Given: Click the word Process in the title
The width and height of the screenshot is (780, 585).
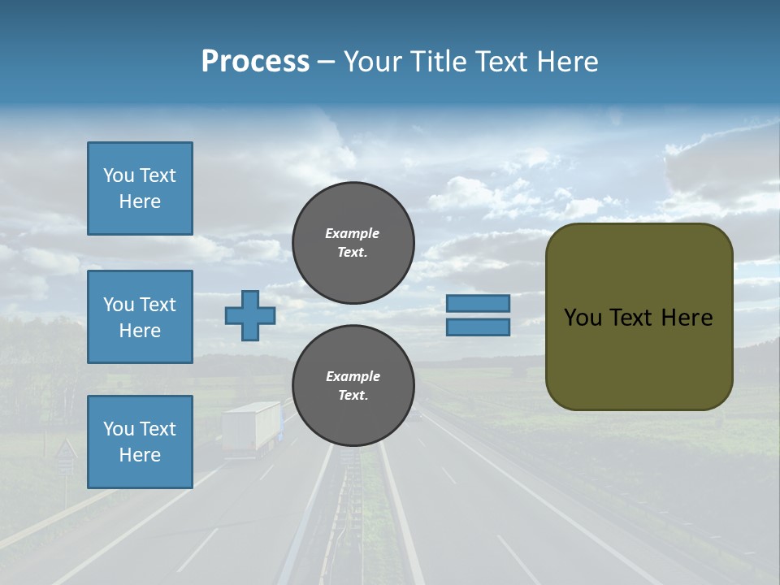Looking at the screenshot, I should tap(255, 62).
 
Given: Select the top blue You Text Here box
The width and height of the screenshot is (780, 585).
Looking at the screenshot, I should tap(140, 188).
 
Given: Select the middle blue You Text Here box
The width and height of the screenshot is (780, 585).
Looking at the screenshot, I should tap(140, 317).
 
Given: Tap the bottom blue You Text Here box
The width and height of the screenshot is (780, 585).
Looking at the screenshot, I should tap(140, 442).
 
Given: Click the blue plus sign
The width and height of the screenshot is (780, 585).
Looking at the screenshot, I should tap(250, 316).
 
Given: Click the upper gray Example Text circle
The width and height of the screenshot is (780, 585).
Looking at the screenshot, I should tap(353, 243).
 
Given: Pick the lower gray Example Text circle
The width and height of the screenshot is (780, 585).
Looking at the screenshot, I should tap(353, 386).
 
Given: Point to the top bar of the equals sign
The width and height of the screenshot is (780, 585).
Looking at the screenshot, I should tap(478, 303).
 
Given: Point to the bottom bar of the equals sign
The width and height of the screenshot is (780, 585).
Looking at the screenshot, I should tap(478, 327).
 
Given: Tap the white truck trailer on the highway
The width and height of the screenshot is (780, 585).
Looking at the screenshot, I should tap(250, 427).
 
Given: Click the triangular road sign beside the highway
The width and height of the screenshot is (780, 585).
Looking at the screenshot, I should tap(65, 450).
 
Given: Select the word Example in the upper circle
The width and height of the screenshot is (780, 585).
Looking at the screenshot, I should tap(353, 233).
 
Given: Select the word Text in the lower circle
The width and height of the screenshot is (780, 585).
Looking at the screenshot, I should tap(353, 396).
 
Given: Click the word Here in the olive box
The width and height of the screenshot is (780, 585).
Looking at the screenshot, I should tap(687, 318).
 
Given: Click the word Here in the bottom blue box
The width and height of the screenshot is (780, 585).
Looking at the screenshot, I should tap(140, 455).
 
